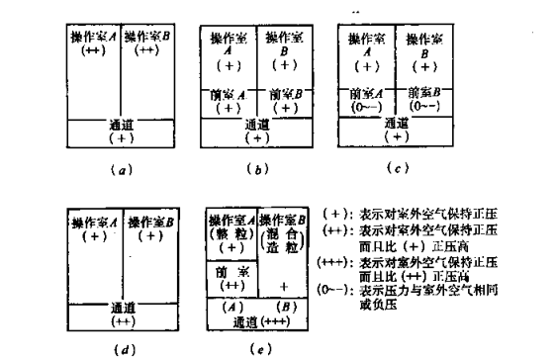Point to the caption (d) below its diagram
point(120,348)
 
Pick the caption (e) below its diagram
point(257,348)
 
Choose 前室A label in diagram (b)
point(230,95)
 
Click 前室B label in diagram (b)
point(284,95)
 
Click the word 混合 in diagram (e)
point(285,233)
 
